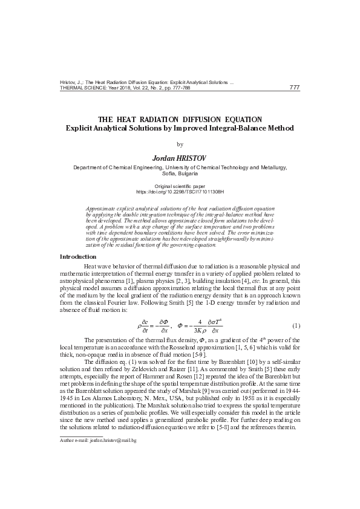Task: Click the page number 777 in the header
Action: click(x=295, y=88)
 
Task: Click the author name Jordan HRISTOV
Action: click(x=180, y=158)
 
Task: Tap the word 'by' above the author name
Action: click(x=179, y=144)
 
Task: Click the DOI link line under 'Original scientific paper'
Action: click(x=180, y=192)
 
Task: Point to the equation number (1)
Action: click(x=296, y=326)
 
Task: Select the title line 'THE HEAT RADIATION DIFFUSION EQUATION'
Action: click(x=180, y=120)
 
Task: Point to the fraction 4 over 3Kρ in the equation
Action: click(x=199, y=326)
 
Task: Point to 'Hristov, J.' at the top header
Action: click(x=72, y=82)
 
